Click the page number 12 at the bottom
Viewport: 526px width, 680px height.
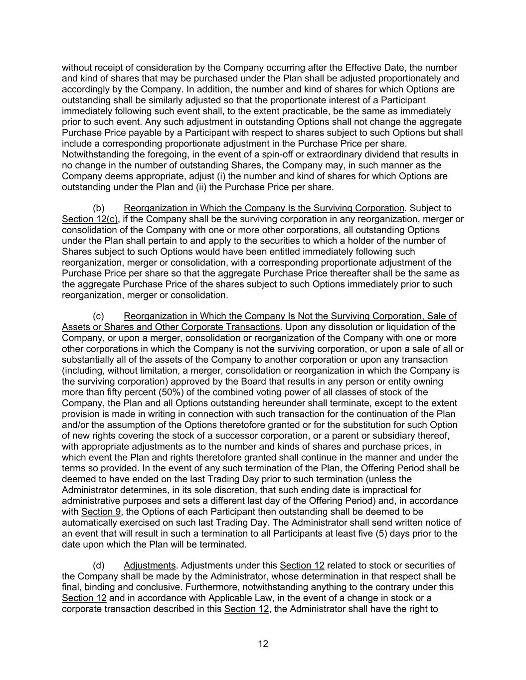[x=263, y=644]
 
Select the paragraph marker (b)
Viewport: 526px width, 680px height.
[x=99, y=208]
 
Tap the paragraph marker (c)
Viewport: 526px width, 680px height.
[x=99, y=316]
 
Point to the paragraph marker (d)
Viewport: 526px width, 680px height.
[x=99, y=565]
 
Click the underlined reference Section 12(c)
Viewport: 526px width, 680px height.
[x=90, y=219]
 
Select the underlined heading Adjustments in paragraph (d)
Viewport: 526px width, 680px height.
[x=150, y=565]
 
